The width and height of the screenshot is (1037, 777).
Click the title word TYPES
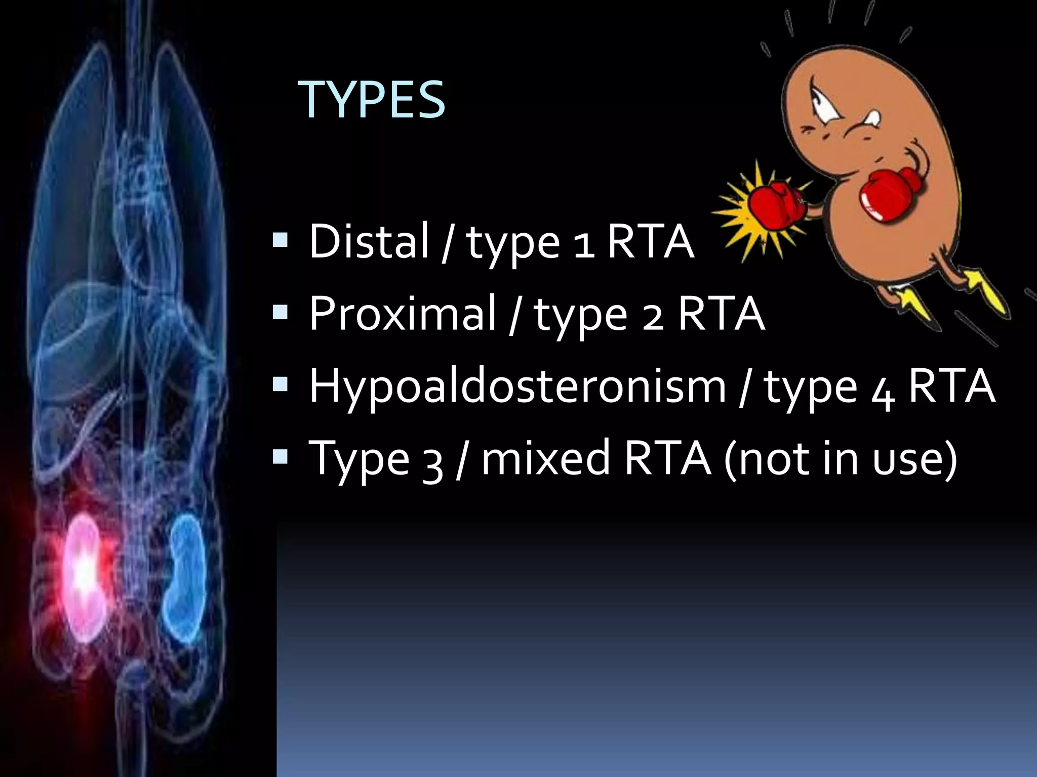372,100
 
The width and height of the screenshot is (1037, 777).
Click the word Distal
369,241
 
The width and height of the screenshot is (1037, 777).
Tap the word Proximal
403,314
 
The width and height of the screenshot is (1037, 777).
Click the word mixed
546,458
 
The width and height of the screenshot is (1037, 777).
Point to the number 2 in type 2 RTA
653,319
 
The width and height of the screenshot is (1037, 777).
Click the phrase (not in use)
841,458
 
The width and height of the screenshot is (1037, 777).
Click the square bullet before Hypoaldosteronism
280,385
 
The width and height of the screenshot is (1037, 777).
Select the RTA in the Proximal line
721,314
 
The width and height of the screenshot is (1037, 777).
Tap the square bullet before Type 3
280,457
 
